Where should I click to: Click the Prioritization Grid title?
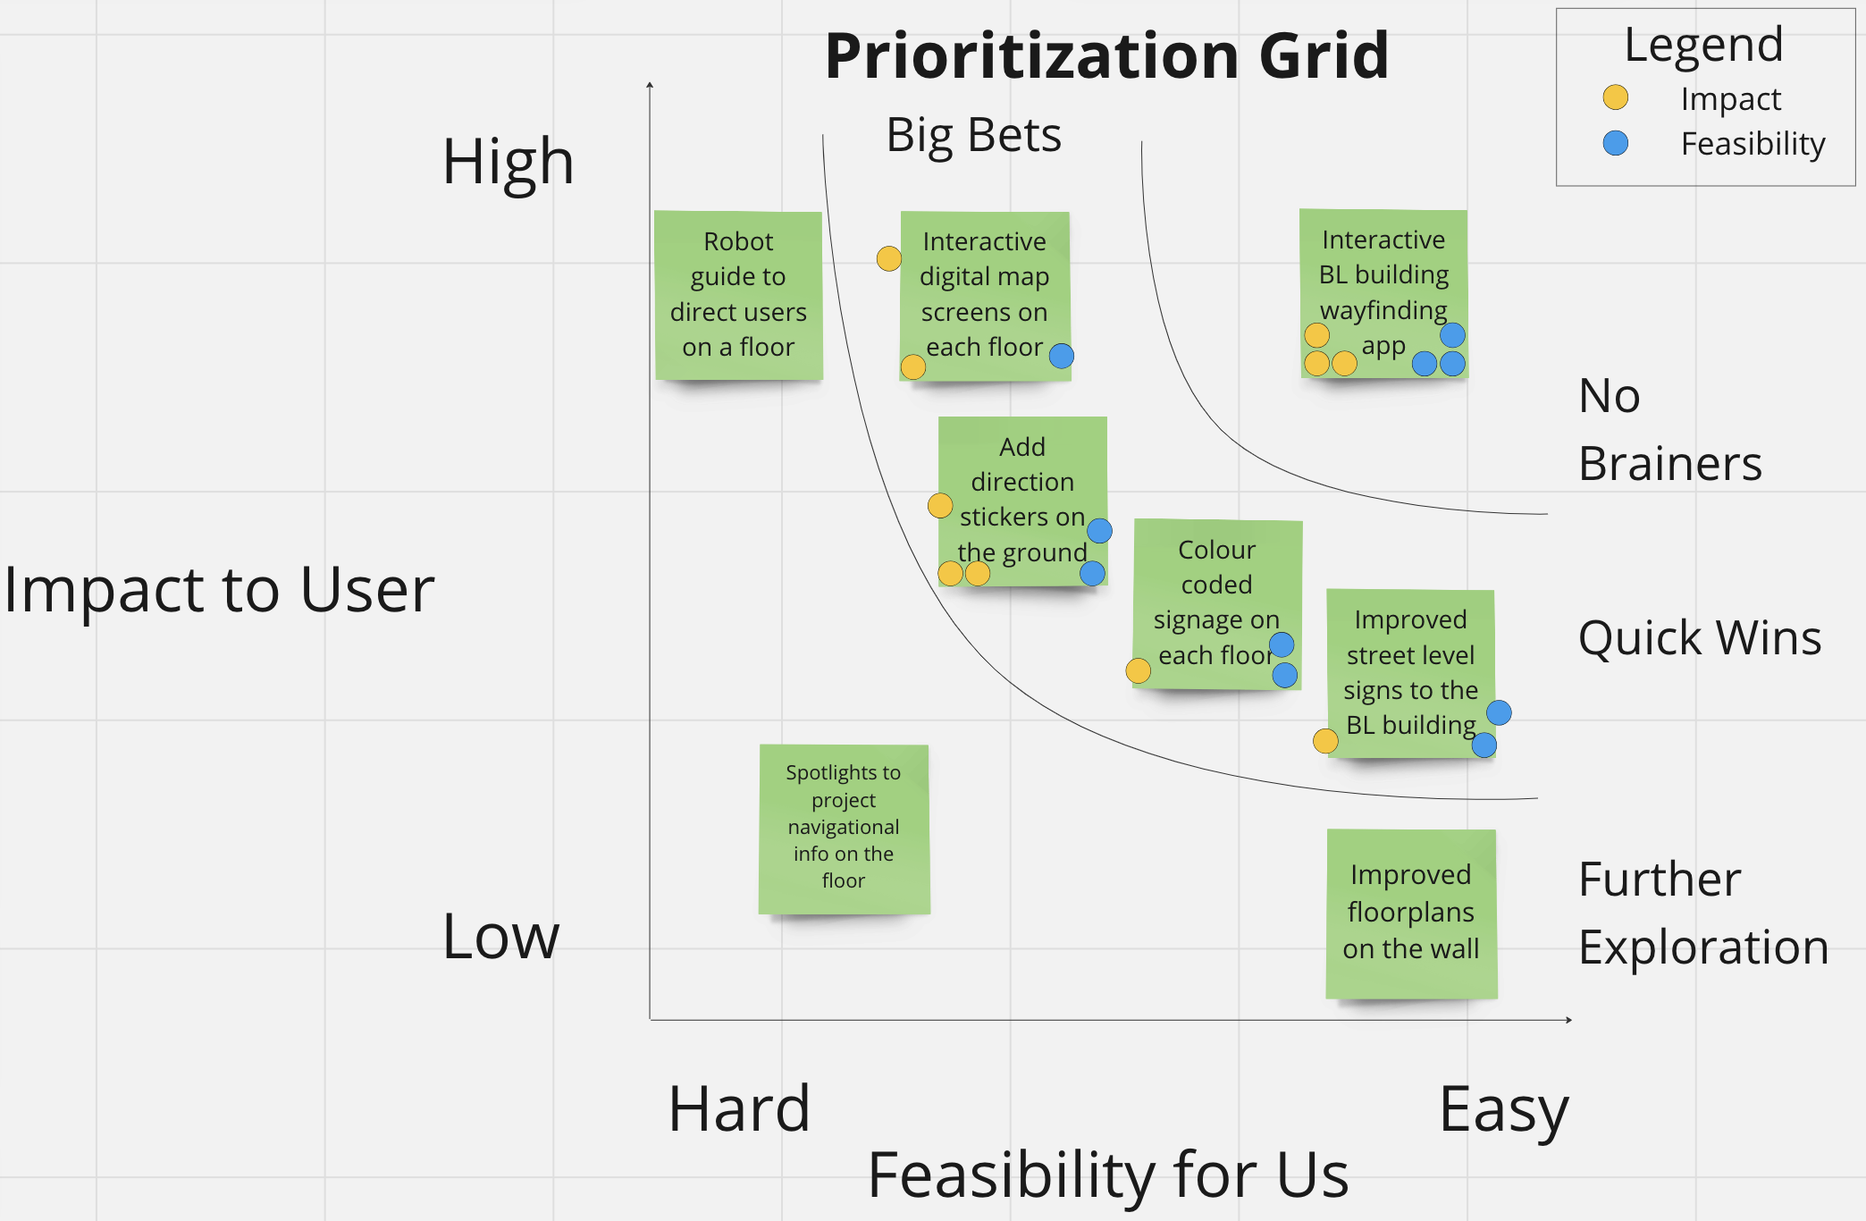(x=1106, y=56)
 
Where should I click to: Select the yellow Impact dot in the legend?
(x=1615, y=97)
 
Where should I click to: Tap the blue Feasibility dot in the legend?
(x=1615, y=143)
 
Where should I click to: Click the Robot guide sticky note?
(x=738, y=295)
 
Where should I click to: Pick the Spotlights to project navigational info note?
(x=844, y=828)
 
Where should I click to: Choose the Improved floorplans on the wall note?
(x=1411, y=913)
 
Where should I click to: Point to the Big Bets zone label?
(x=973, y=136)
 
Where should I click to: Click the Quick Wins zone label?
(x=1699, y=638)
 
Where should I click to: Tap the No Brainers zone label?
(x=1668, y=430)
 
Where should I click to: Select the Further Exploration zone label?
(x=1702, y=913)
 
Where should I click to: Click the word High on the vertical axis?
(x=508, y=163)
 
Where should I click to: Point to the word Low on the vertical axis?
(x=500, y=937)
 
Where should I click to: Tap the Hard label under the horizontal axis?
(x=739, y=1109)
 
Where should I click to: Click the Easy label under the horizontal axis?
(x=1503, y=1110)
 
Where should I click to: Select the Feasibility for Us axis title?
(x=1107, y=1175)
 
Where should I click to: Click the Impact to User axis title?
(x=219, y=590)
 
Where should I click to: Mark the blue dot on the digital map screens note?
(x=1061, y=356)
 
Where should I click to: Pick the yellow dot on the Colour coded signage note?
(x=1138, y=670)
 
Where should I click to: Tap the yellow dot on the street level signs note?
(x=1325, y=740)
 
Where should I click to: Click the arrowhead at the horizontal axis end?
(x=1568, y=1019)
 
